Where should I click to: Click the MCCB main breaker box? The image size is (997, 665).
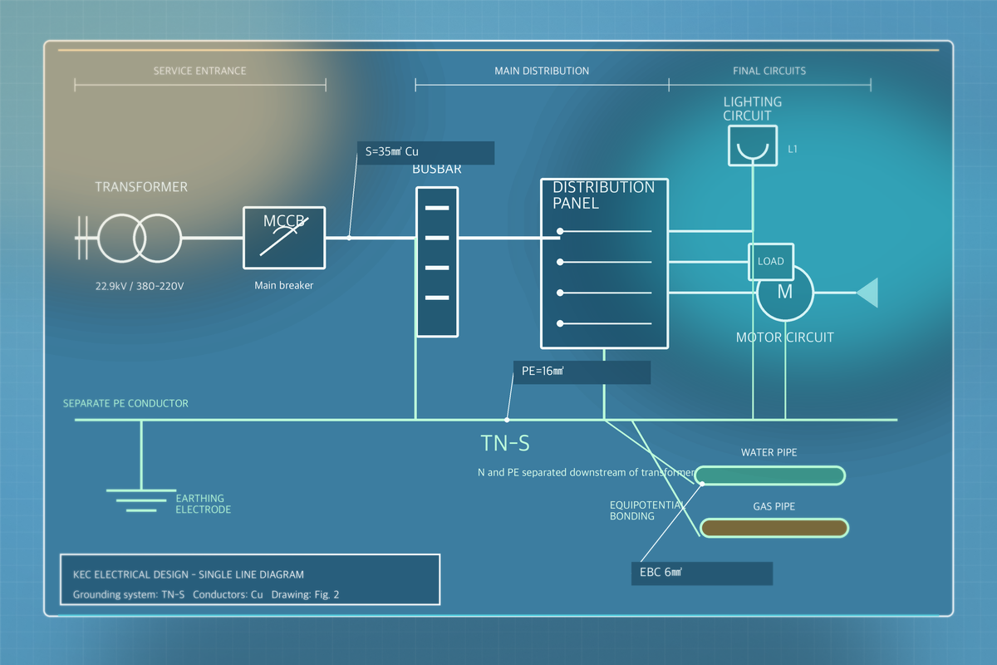pos(284,238)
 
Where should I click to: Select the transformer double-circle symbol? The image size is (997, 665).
pos(140,238)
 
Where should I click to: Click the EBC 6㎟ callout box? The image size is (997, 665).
pos(702,574)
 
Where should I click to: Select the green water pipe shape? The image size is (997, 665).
pos(770,475)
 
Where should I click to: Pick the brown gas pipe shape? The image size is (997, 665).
pos(774,528)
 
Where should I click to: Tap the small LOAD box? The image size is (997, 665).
pos(771,262)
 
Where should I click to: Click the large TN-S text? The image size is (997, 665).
pos(505,444)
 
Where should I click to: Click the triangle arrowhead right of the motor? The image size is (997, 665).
pos(867,293)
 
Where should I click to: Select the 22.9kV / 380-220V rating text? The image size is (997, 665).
pos(140,286)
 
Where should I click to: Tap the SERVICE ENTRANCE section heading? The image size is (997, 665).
pos(200,71)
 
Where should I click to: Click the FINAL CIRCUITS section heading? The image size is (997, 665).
pos(769,71)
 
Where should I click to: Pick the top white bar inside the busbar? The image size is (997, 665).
pos(437,208)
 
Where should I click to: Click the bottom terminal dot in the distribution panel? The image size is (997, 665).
pos(560,323)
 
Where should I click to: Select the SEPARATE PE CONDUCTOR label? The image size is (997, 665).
pos(125,403)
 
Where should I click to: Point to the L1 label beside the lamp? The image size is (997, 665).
pos(793,150)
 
